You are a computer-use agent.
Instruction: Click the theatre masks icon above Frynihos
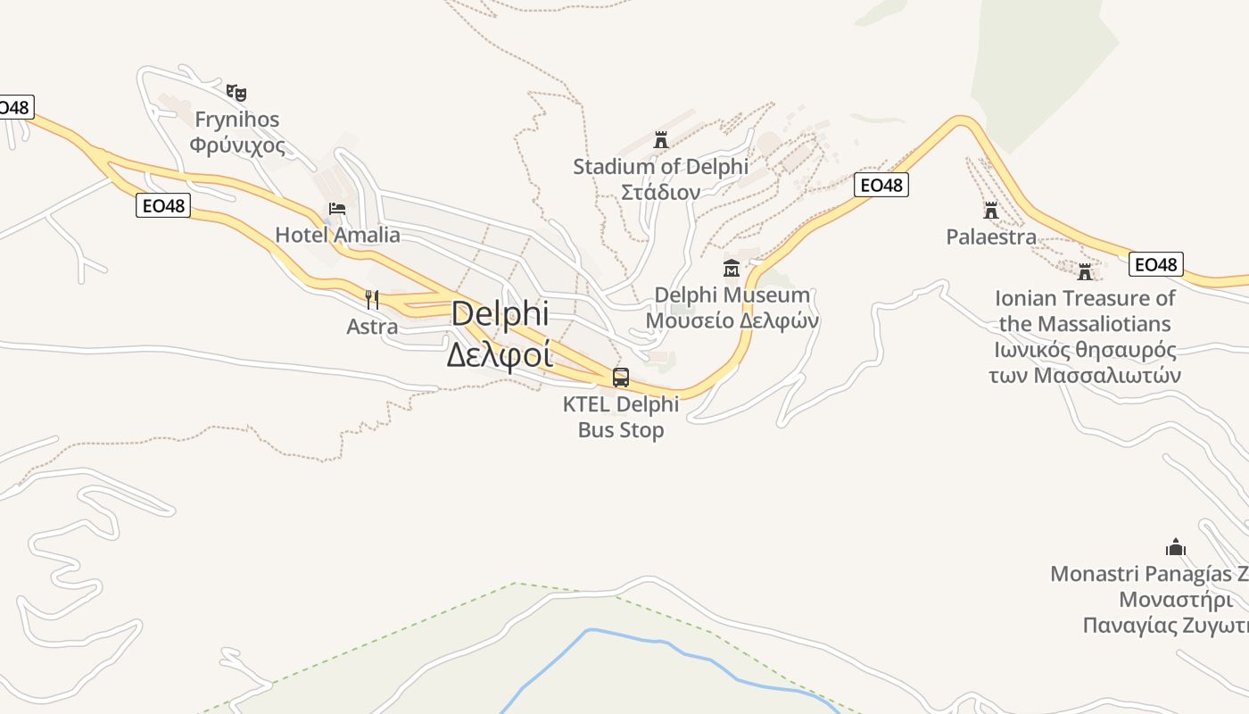[236, 92]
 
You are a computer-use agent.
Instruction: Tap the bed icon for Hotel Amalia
[337, 209]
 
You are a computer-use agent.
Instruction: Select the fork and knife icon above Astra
[372, 299]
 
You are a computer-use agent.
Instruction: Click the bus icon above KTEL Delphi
[621, 378]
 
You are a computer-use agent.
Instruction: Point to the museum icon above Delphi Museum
[732, 267]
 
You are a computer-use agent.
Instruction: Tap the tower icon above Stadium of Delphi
[661, 140]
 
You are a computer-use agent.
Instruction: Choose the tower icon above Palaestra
[990, 211]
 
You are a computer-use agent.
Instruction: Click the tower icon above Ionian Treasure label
[1085, 271]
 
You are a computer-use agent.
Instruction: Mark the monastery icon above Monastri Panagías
[1176, 546]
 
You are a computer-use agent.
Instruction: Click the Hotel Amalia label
[337, 235]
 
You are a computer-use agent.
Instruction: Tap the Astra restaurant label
[372, 327]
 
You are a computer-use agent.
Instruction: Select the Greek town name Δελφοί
[499, 354]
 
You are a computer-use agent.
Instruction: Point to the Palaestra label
[991, 237]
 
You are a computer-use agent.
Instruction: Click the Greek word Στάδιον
[660, 192]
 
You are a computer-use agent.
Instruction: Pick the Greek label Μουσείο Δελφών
[732, 320]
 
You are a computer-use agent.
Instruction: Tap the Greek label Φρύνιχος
[237, 145]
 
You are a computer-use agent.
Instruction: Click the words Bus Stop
[621, 430]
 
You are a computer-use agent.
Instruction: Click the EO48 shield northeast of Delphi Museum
[881, 185]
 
